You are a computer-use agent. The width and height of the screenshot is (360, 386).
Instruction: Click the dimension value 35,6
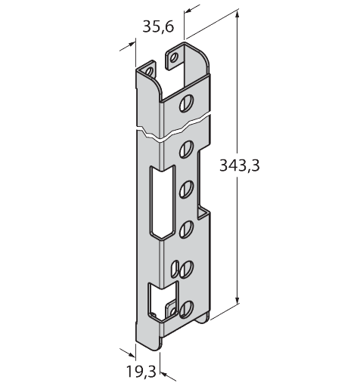(158, 26)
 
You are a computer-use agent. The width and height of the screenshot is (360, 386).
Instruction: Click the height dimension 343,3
(239, 165)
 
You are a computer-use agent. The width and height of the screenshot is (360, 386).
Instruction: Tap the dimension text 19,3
(141, 371)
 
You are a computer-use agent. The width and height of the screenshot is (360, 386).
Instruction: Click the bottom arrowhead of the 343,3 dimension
(237, 300)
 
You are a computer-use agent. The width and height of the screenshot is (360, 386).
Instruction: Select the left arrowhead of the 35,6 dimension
(132, 45)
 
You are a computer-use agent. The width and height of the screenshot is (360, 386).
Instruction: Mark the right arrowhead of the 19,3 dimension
(165, 374)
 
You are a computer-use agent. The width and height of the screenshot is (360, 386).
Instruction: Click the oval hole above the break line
(187, 103)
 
